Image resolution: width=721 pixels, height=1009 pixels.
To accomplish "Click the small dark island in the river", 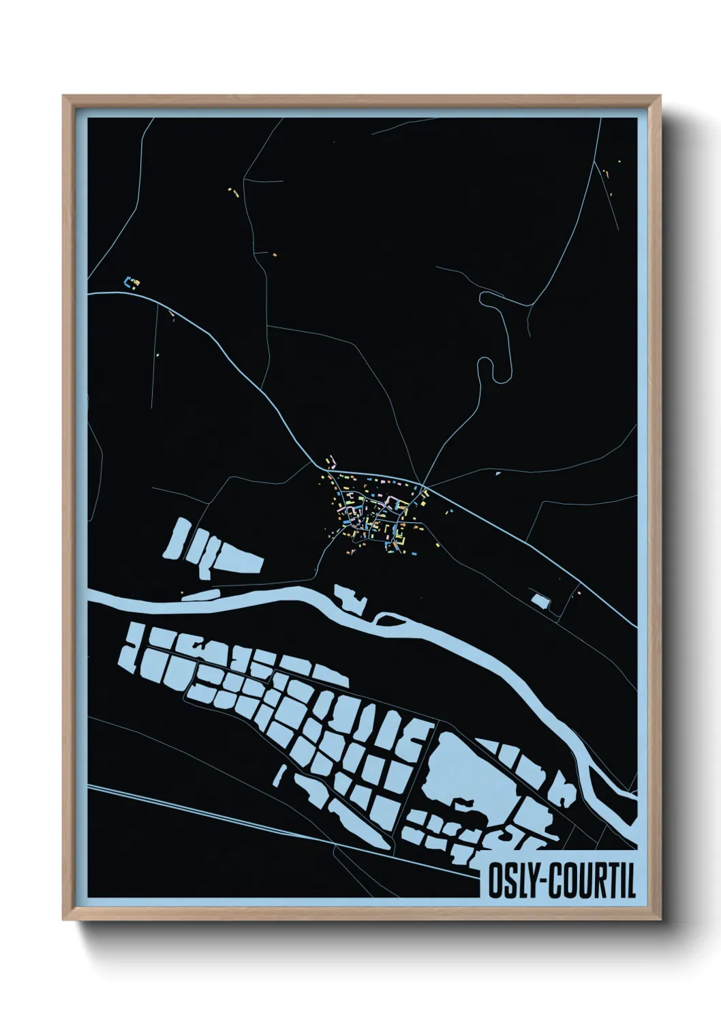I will [x=388, y=620].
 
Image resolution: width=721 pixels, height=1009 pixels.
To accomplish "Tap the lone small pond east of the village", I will [x=540, y=601].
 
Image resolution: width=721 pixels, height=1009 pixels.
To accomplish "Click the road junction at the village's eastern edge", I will [x=425, y=490].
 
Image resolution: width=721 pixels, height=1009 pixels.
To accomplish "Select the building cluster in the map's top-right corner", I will [x=607, y=174].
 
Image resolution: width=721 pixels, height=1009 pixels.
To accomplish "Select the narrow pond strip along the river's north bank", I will [x=202, y=596].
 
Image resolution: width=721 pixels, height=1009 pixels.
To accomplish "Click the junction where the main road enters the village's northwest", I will [x=328, y=471].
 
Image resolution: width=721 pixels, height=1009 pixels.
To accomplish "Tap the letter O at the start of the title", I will [x=495, y=882].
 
